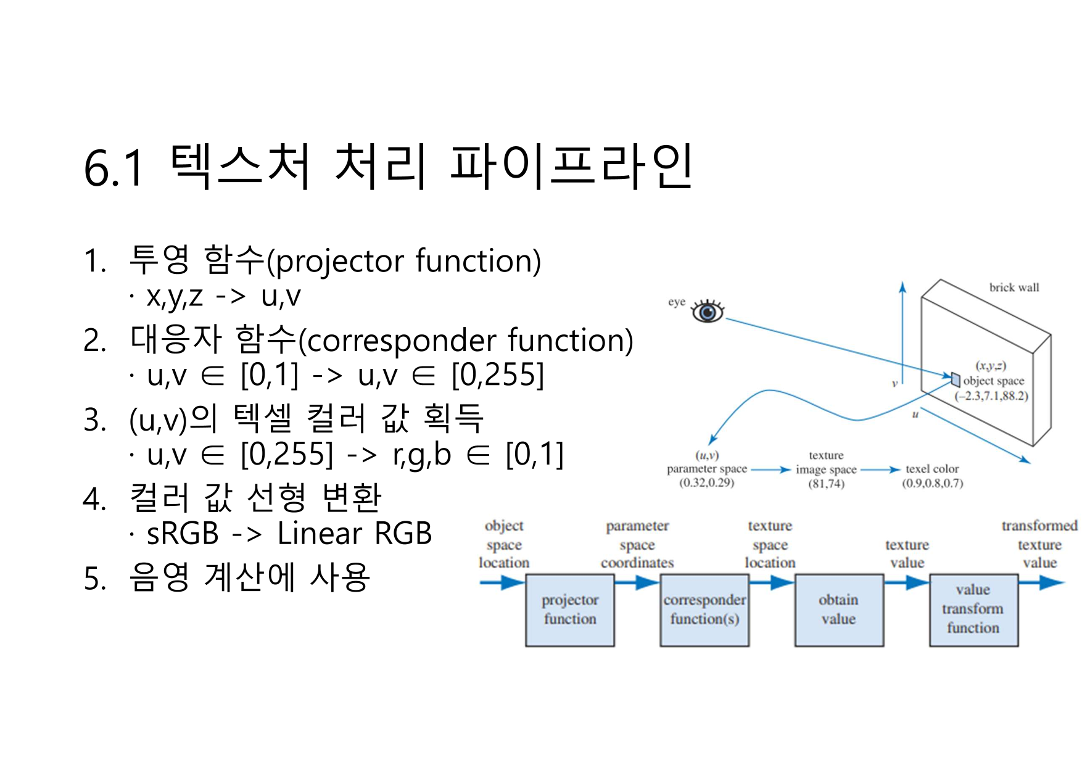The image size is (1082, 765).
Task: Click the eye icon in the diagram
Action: (x=707, y=312)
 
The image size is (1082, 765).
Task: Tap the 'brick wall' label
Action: (x=1014, y=287)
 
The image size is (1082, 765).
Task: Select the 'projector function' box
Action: (x=570, y=610)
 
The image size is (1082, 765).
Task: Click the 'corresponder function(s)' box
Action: (x=704, y=610)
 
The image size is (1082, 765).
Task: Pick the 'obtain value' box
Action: (x=838, y=610)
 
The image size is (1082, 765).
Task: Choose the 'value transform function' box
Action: (x=973, y=610)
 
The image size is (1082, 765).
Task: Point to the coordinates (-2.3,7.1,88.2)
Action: (x=991, y=396)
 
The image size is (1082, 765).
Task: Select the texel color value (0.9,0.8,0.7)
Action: (x=932, y=483)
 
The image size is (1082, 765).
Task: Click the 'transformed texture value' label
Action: (x=1039, y=544)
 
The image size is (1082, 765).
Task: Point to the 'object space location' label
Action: (x=504, y=544)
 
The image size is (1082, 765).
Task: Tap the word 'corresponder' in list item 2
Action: (x=402, y=341)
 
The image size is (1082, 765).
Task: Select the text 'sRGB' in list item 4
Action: (x=183, y=534)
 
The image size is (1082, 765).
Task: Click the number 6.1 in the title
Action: (x=114, y=168)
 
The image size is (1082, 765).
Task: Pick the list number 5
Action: (x=94, y=579)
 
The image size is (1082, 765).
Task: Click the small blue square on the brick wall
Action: (x=956, y=378)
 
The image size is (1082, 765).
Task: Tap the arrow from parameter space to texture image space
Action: (x=770, y=470)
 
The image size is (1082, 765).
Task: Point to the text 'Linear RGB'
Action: (x=354, y=534)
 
